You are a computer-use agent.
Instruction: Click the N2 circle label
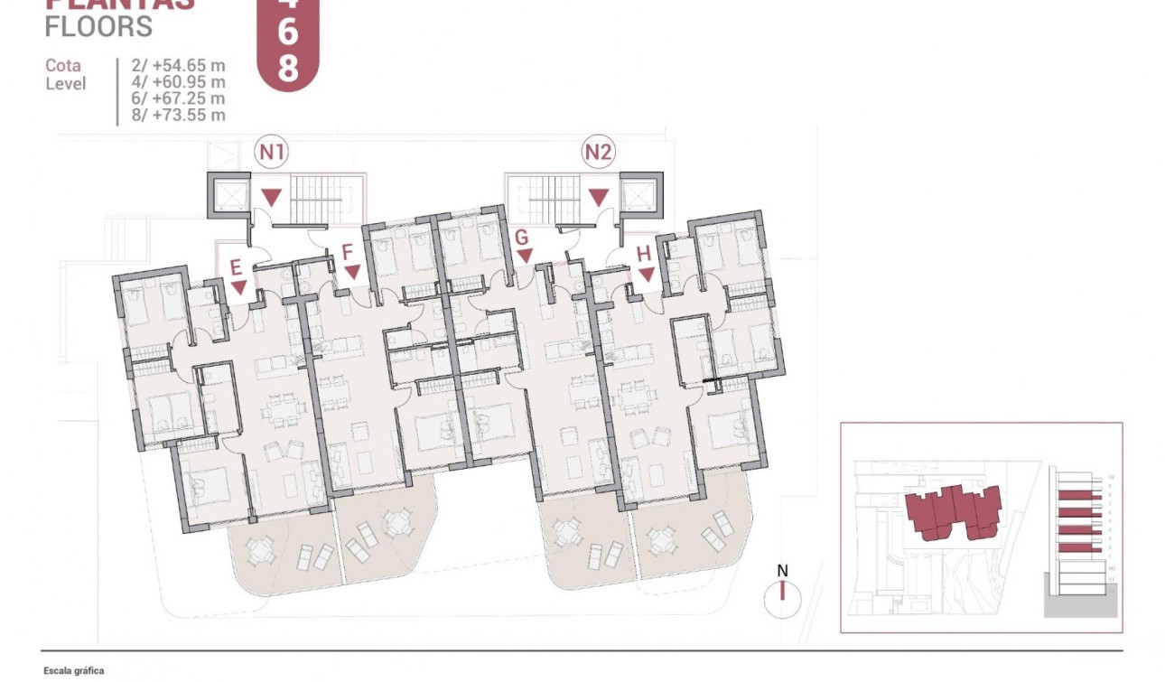pos(598,153)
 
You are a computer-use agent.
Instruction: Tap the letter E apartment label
pos(236,267)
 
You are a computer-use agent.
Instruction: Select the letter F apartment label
pos(347,252)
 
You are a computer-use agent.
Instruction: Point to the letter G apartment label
pos(520,238)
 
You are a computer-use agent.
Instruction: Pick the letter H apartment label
pos(643,254)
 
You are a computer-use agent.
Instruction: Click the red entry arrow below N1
pos(272,196)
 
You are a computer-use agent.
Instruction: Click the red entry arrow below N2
pos(598,196)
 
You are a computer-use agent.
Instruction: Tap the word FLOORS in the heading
pos(98,27)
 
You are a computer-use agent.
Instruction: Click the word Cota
pos(63,66)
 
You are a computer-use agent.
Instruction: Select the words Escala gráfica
pos(74,671)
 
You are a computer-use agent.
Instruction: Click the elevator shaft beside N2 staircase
pos(639,195)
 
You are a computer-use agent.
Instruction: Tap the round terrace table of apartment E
pos(260,549)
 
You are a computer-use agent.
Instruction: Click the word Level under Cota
pos(66,83)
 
